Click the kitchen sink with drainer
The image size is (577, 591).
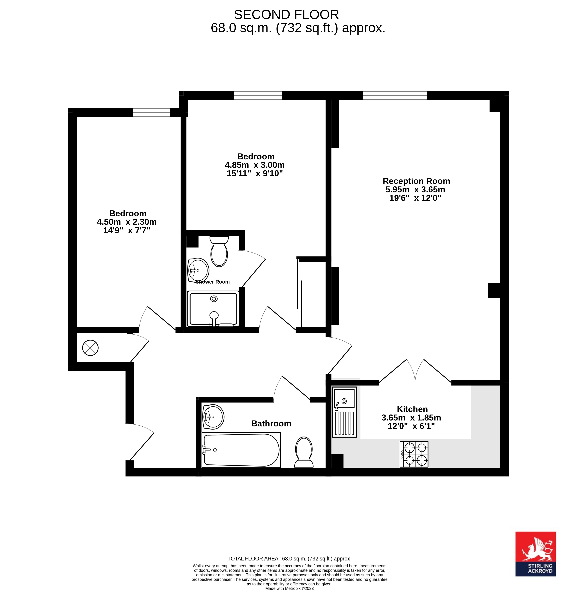coord(344,412)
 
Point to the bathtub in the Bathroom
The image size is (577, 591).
coord(241,450)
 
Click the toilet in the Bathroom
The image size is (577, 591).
coord(304,452)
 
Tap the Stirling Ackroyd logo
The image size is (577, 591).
coord(536,554)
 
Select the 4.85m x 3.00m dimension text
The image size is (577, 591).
coord(254,165)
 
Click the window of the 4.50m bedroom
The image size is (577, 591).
coord(151,113)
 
